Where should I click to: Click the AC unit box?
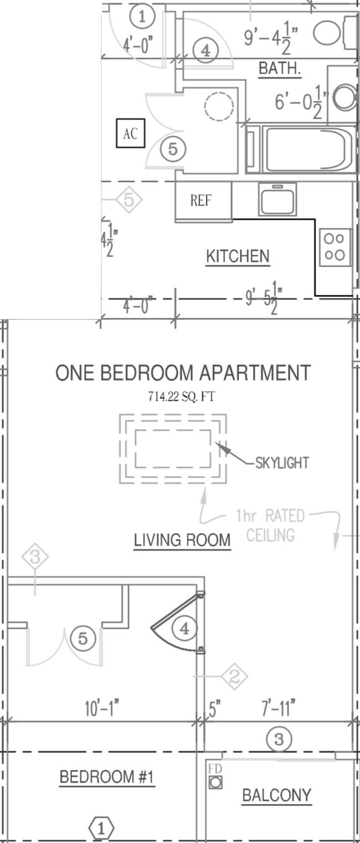tap(130, 133)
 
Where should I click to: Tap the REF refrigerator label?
tap(201, 201)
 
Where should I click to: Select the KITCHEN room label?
tap(238, 256)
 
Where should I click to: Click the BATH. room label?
tap(280, 69)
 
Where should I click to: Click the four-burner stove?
tap(335, 247)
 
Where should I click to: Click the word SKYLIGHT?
tap(282, 462)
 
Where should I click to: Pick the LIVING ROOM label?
tap(182, 539)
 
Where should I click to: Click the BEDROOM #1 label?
tap(107, 778)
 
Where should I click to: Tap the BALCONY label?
tap(276, 796)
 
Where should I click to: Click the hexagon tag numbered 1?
tap(101, 829)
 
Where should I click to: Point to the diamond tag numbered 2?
tap(234, 676)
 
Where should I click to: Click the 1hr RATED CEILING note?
tap(270, 525)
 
